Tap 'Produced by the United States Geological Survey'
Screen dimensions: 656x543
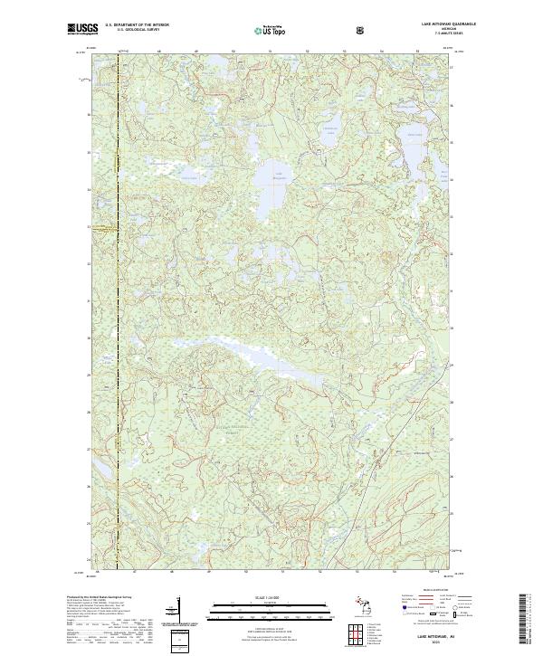(x=99, y=598)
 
